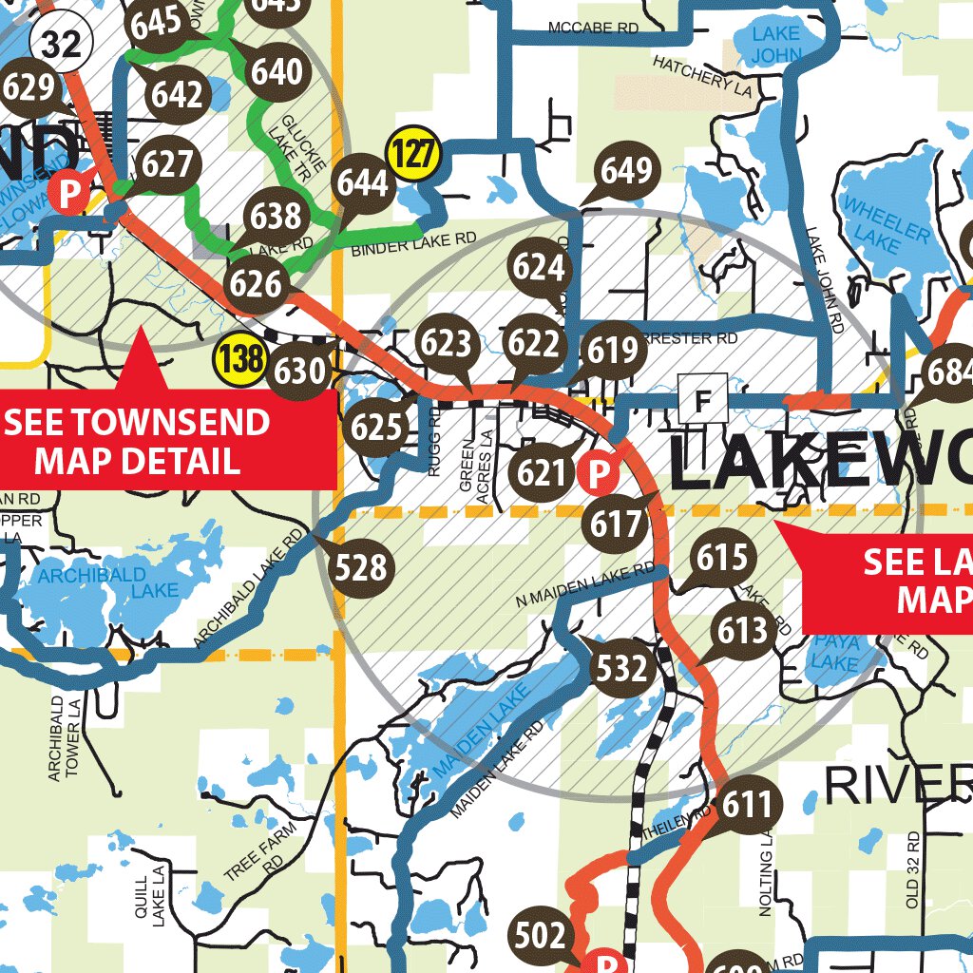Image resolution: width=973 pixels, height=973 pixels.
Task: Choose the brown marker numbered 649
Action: [x=627, y=171]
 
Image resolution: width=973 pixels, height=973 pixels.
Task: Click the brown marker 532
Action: [x=622, y=670]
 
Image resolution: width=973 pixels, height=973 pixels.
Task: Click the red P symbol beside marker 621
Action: [x=596, y=472]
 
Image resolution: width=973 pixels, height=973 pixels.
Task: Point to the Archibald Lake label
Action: [x=102, y=582]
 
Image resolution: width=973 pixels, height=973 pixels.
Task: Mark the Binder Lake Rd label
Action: [x=412, y=246]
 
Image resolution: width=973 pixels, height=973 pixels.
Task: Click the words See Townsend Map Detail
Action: [x=138, y=442]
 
